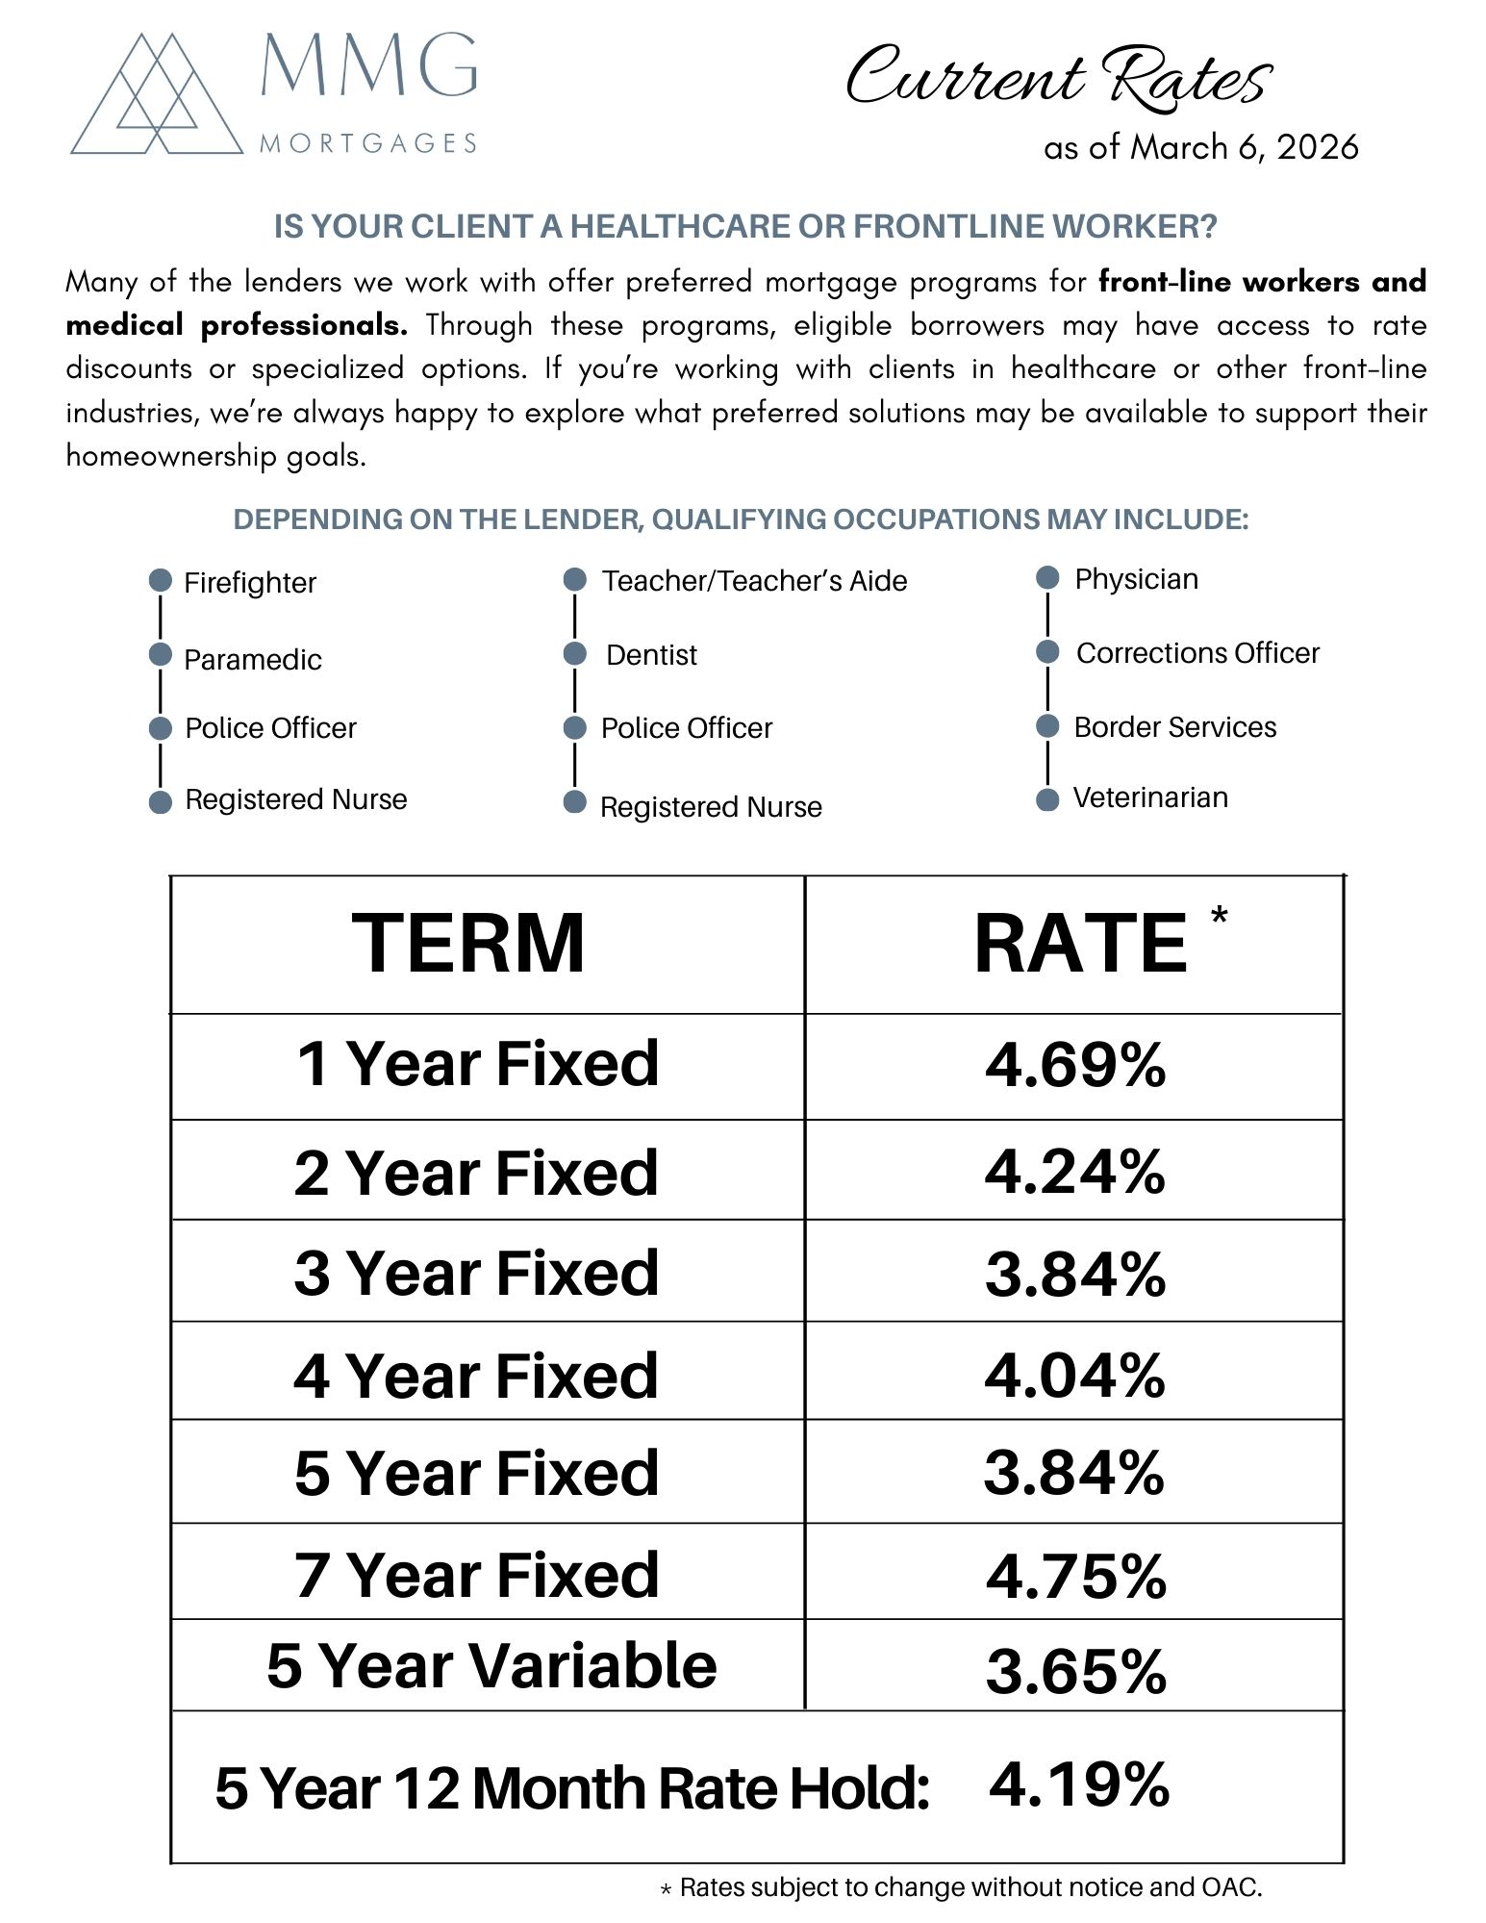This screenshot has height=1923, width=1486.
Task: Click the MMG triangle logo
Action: [157, 96]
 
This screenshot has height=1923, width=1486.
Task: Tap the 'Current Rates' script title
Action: [1058, 77]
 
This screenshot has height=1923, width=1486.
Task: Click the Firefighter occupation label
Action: [249, 583]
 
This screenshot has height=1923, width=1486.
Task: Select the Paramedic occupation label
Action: [252, 660]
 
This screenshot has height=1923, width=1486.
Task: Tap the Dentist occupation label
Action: [651, 655]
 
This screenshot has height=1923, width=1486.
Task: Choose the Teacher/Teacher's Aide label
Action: [754, 581]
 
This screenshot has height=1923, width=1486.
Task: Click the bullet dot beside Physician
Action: [1047, 578]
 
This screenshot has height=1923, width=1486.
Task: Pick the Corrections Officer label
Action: [1197, 653]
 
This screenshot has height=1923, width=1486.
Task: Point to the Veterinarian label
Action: [1150, 797]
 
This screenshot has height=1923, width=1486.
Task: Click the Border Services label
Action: [1174, 727]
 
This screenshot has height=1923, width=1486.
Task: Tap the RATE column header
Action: [1080, 945]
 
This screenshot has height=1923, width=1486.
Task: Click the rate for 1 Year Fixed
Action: [1074, 1065]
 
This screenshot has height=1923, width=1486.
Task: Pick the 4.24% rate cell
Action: [1074, 1173]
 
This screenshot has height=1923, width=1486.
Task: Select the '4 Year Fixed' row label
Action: [476, 1376]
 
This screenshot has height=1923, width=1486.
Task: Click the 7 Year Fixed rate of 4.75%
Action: [1075, 1576]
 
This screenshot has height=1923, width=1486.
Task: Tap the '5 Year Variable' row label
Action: [491, 1666]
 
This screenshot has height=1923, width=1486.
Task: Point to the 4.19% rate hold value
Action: [1078, 1784]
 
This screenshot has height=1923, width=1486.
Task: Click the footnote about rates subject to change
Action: [961, 1887]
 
